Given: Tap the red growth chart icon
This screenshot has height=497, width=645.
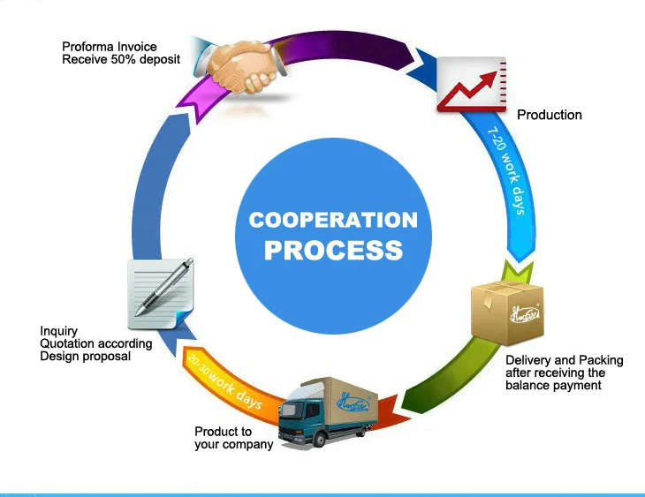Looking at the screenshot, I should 471,83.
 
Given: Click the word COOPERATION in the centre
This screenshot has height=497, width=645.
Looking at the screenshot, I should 332,219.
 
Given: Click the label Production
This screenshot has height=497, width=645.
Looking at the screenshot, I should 549,115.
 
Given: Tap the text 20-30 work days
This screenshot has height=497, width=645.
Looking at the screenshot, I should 223,382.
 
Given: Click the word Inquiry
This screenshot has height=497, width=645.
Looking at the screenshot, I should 59,332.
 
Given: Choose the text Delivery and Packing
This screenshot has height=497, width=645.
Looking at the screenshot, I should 564,360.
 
